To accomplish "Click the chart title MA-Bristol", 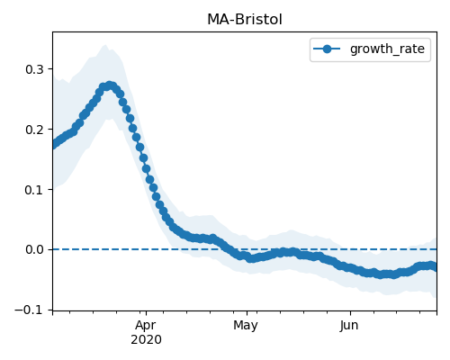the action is [245, 20].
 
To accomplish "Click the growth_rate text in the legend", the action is [387, 49].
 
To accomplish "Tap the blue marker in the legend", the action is [327, 49].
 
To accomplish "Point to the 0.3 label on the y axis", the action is [34, 69].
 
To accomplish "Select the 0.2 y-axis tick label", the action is [34, 130].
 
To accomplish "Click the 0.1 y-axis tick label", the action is [34, 190].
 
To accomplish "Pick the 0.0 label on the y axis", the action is [34, 249].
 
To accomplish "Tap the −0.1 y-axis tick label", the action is [29, 310].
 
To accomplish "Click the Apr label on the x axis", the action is [146, 326].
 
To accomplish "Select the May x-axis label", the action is [246, 326].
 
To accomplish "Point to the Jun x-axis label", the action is [349, 325].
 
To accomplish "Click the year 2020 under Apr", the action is [146, 340].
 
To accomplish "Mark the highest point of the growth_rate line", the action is [110, 85].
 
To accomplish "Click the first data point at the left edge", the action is [53, 145].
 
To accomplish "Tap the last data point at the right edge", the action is [435, 267].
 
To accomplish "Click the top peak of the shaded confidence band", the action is [105, 45].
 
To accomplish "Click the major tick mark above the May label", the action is [247, 313].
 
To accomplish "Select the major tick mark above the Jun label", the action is [350, 313].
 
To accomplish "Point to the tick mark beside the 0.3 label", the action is [50, 69].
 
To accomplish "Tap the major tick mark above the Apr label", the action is [146, 313].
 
